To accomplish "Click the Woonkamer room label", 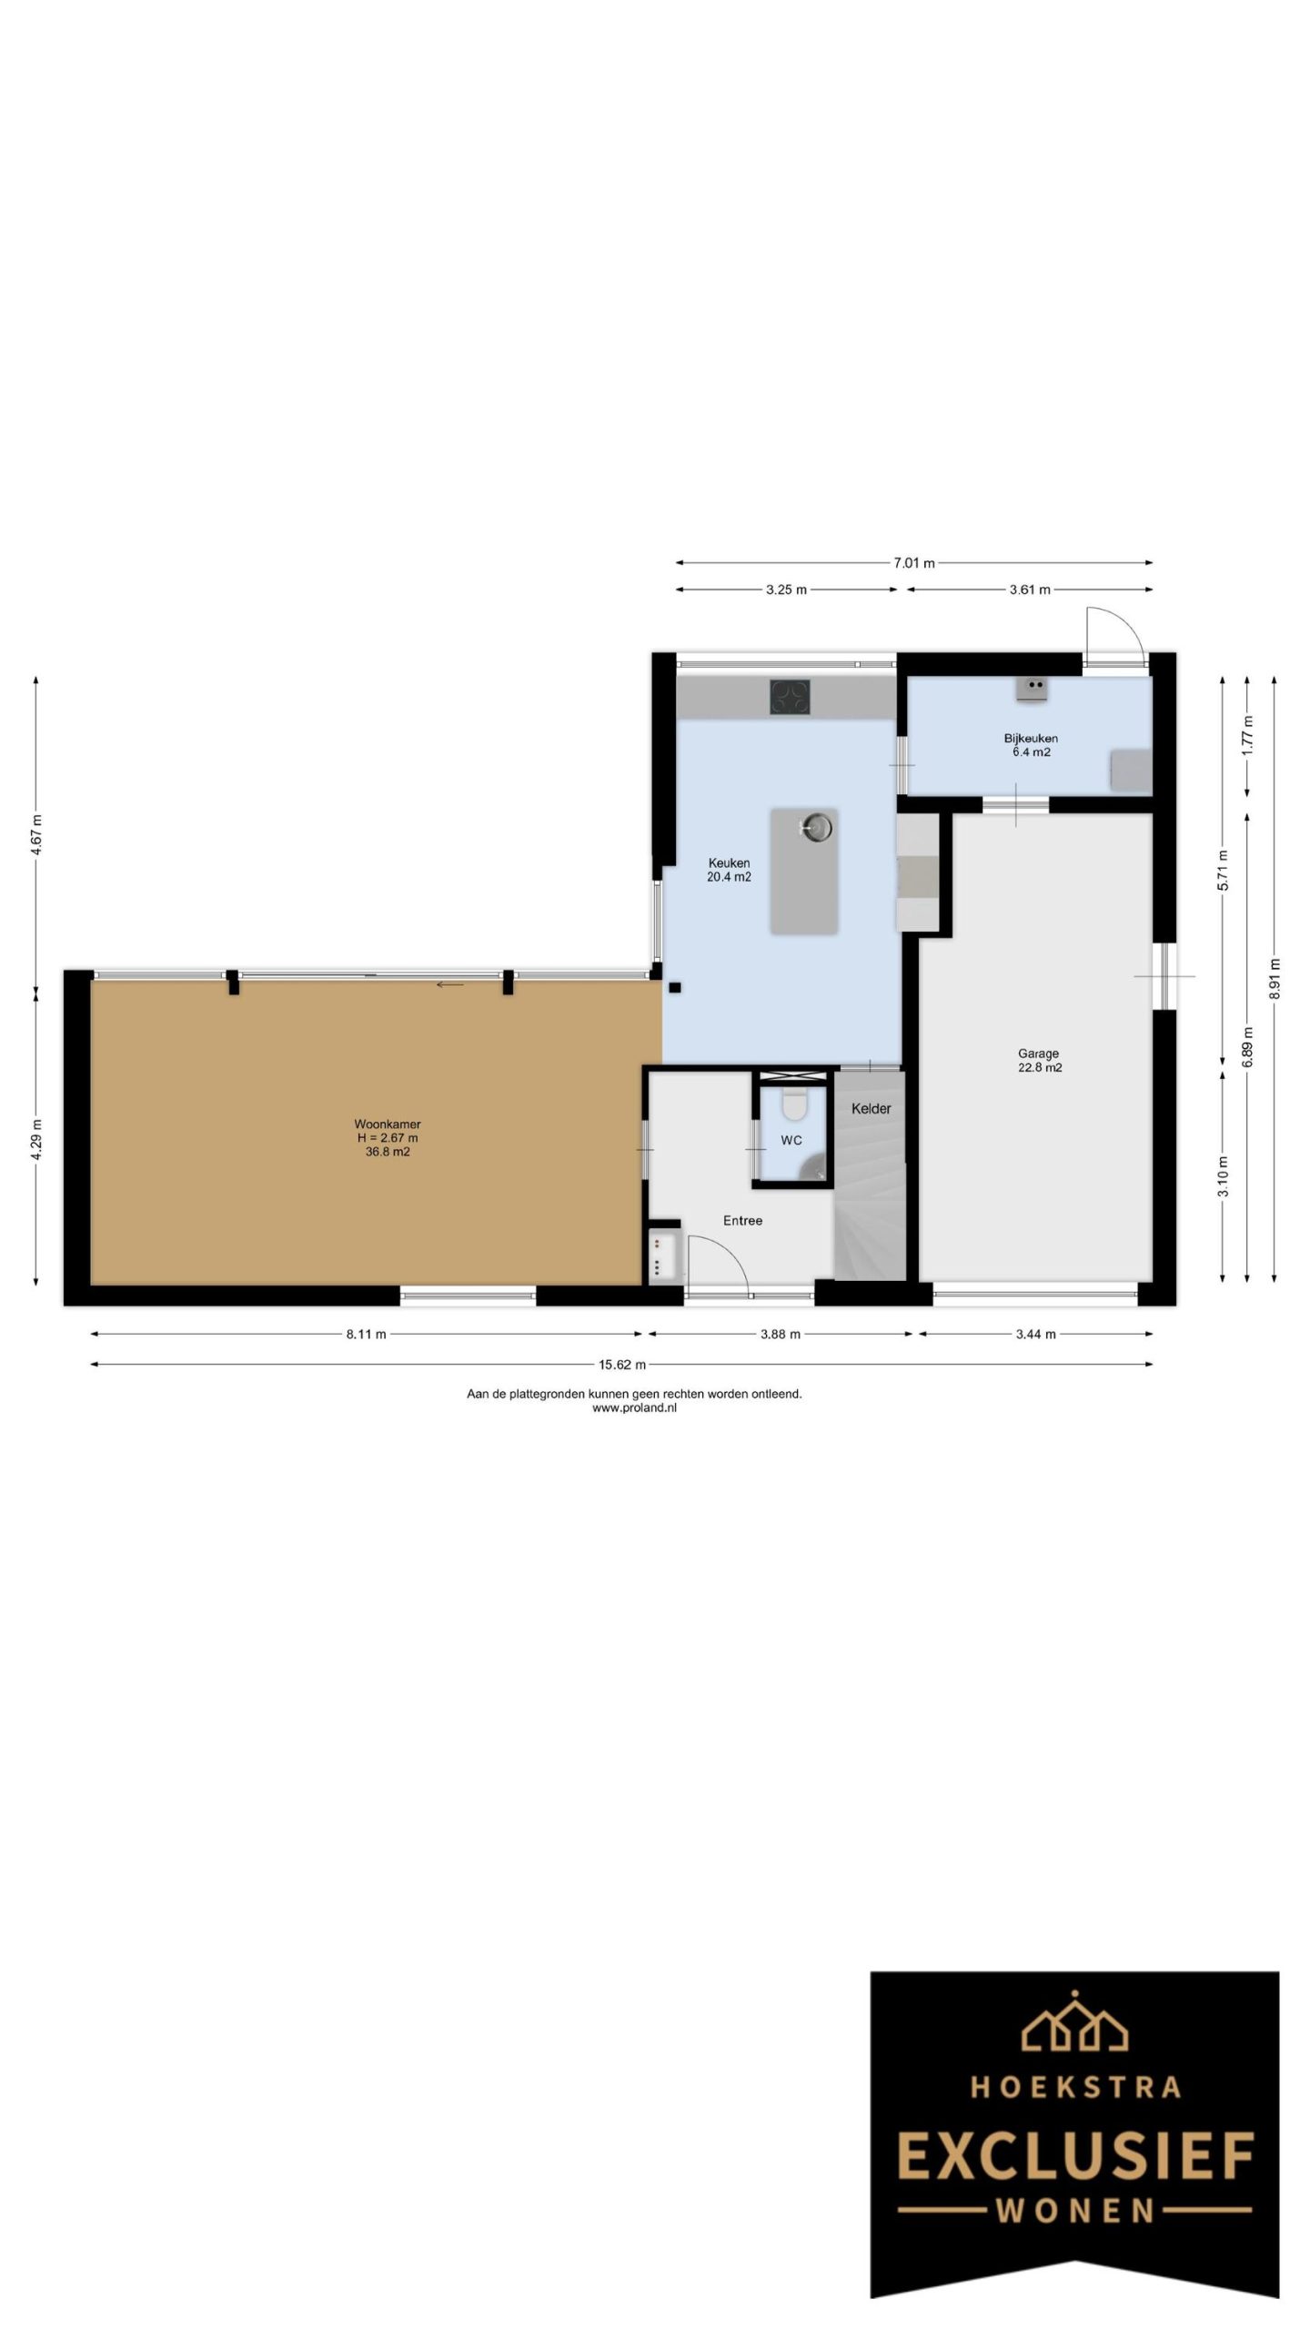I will click(388, 1124).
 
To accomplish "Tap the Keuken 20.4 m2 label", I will click(729, 871).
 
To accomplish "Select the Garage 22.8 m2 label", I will click(1039, 1061).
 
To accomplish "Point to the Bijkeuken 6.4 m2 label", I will click(1031, 745).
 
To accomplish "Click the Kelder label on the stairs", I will click(871, 1108).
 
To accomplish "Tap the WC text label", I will click(791, 1140).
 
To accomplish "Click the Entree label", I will click(742, 1221).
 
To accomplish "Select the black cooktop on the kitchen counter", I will click(791, 697).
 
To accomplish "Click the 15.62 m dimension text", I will click(622, 1364).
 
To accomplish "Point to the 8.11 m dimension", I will click(366, 1335).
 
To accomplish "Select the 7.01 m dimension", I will click(913, 563).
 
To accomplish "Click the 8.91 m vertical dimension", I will click(1275, 979).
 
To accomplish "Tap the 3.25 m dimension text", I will click(786, 590).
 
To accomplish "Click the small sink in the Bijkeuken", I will click(1033, 689).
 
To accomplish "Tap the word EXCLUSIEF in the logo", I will click(1075, 2157).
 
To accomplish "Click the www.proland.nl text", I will click(634, 1407).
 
